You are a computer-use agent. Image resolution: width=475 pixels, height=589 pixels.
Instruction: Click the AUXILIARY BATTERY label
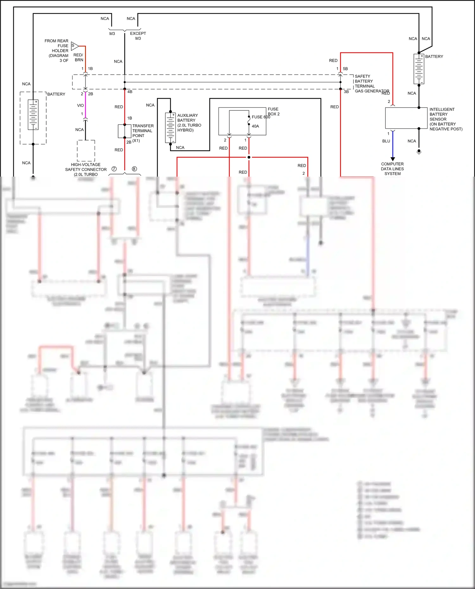click(189, 123)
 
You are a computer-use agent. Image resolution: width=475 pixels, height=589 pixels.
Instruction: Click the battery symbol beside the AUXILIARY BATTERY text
click(170, 128)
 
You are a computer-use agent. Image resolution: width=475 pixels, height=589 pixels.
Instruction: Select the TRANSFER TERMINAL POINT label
click(142, 131)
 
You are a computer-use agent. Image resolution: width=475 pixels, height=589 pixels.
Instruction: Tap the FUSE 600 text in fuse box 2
click(261, 117)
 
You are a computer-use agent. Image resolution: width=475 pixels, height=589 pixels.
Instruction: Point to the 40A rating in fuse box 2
click(255, 126)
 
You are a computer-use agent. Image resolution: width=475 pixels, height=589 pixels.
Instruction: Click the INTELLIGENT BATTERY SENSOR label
click(445, 119)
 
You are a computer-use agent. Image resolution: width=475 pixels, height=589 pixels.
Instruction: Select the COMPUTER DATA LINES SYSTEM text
click(392, 169)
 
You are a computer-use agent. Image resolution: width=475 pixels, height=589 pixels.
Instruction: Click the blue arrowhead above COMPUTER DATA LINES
click(393, 159)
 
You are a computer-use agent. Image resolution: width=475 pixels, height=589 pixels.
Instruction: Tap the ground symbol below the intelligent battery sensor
click(419, 152)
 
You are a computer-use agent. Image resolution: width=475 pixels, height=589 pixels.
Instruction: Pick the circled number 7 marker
click(114, 169)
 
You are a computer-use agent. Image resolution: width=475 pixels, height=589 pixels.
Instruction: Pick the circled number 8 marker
click(134, 169)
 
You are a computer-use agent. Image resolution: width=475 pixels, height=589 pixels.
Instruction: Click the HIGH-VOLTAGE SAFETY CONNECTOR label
click(86, 170)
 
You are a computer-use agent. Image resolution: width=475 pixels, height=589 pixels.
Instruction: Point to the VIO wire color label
click(80, 105)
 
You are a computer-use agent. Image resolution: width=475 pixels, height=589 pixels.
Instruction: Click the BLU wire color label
click(386, 141)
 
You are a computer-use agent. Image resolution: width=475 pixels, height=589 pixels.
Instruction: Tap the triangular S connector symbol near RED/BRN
click(74, 46)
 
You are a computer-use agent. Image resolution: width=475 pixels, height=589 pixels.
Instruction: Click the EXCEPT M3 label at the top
click(138, 36)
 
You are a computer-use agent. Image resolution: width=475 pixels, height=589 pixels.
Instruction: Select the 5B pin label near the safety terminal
click(345, 69)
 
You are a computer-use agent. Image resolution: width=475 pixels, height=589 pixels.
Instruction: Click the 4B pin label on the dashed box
click(130, 92)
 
